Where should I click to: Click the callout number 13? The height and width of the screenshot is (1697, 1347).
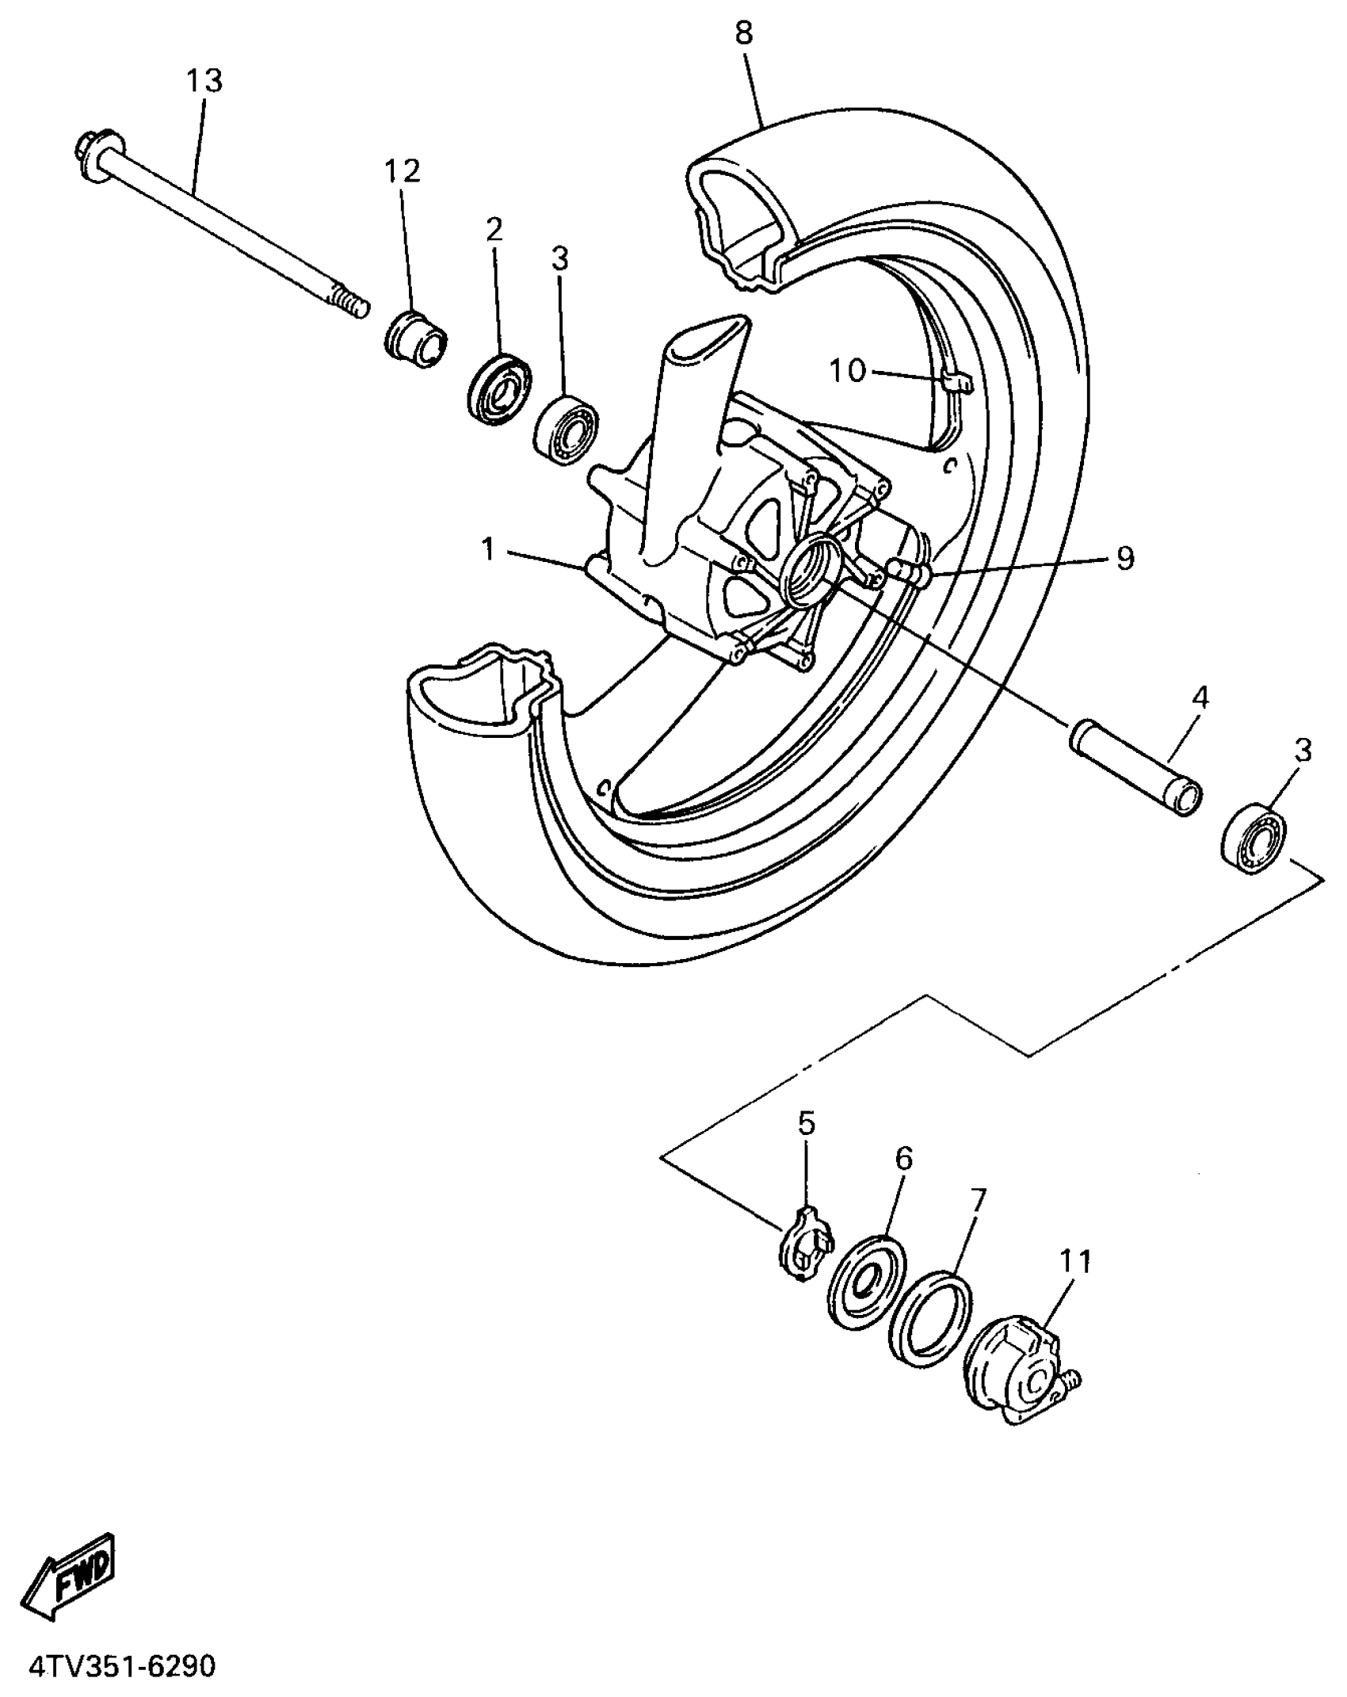[x=204, y=82]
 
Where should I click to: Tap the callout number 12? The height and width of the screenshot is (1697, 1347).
[x=403, y=171]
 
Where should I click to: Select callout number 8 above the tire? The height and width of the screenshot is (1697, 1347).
[x=743, y=34]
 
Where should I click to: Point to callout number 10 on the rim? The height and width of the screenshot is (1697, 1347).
[x=848, y=370]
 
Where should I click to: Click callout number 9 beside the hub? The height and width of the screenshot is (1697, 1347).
[x=1124, y=558]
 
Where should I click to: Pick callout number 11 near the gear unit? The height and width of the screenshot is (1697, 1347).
[x=1076, y=1261]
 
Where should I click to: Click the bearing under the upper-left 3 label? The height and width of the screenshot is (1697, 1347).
[x=566, y=430]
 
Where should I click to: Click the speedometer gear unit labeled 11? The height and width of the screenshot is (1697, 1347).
[x=1018, y=1378]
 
